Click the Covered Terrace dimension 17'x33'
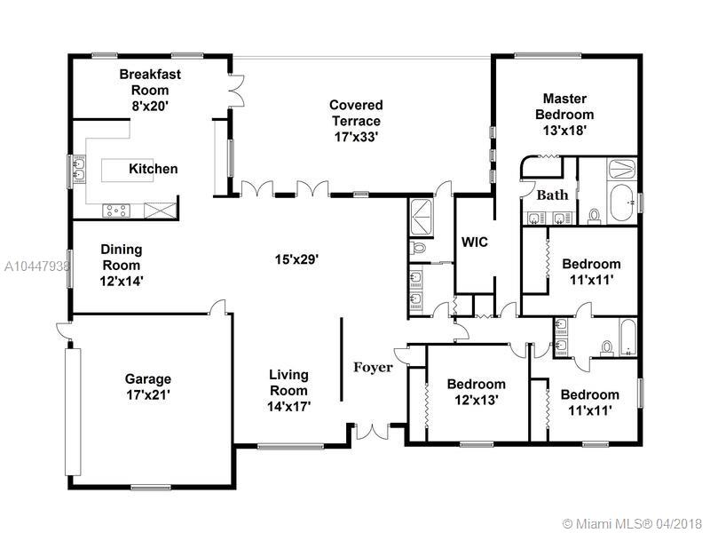pos(356,137)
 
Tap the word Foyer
pos(373,367)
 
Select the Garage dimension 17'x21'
pos(148,394)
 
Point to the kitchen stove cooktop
pos(116,211)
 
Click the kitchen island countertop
pos(127,171)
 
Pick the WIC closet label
pos(475,242)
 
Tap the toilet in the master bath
pos(594,216)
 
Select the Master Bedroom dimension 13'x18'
pos(564,131)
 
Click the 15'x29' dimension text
pos(297,259)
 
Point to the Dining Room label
pos(122,257)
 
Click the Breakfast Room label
pos(150,82)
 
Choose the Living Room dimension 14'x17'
pos(289,407)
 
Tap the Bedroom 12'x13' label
pos(477,392)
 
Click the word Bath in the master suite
pos(552,195)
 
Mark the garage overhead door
pos(73,411)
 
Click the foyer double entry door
pos(372,432)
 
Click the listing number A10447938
pos(36,266)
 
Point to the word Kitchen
pos(153,169)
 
